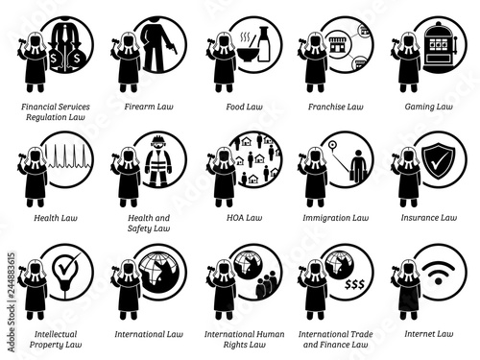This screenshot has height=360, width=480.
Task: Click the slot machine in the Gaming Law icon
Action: coord(441,48)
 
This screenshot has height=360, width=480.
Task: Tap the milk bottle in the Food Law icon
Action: coord(264,44)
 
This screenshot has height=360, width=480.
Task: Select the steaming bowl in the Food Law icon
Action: coord(247,49)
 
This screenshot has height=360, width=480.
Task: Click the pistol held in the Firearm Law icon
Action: coord(173,48)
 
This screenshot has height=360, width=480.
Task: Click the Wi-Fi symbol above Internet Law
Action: coord(438,274)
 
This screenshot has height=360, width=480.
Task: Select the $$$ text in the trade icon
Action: coord(354,284)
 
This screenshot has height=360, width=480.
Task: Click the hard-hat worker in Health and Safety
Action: coord(158,161)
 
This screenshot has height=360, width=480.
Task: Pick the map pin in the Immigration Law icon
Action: coord(332,146)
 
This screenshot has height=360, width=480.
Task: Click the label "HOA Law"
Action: coord(244,218)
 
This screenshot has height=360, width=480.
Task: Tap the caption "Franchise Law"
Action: coord(336,107)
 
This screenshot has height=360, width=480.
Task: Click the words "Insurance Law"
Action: coord(429,218)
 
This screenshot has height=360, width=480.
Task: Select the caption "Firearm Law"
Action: coord(149,107)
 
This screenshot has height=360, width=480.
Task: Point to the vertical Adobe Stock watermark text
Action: coord(12,302)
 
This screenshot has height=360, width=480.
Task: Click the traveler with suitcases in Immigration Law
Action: coord(358,165)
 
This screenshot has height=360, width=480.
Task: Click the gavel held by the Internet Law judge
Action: coord(396,268)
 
